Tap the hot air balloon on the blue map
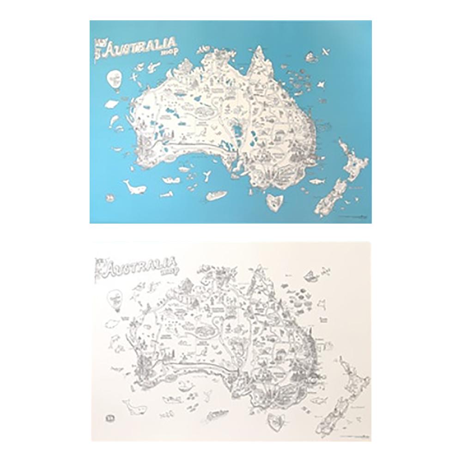coord(113,79)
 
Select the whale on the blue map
coord(134,187)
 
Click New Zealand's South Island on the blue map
coord(330,196)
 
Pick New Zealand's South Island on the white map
coord(330,416)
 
